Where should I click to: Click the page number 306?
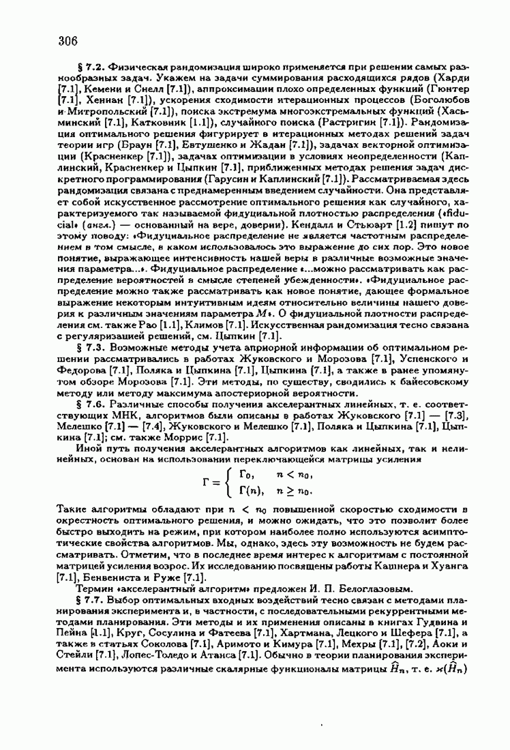(x=68, y=41)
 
